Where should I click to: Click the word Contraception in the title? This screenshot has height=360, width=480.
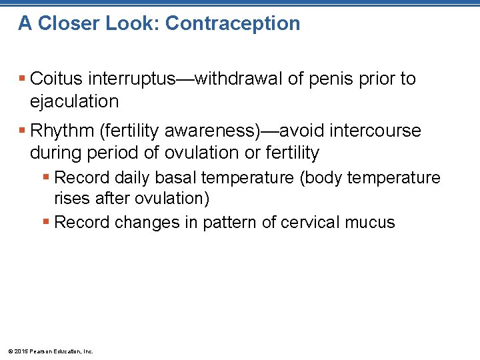pyautogui.click(x=233, y=23)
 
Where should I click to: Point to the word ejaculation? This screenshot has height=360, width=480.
pyautogui.click(x=74, y=101)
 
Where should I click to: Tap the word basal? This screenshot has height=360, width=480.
pyautogui.click(x=176, y=178)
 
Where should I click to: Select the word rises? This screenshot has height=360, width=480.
pyautogui.click(x=69, y=199)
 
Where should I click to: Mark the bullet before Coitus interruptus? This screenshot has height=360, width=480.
pyautogui.click(x=22, y=79)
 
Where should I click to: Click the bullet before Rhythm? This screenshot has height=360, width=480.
pyautogui.click(x=22, y=131)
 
